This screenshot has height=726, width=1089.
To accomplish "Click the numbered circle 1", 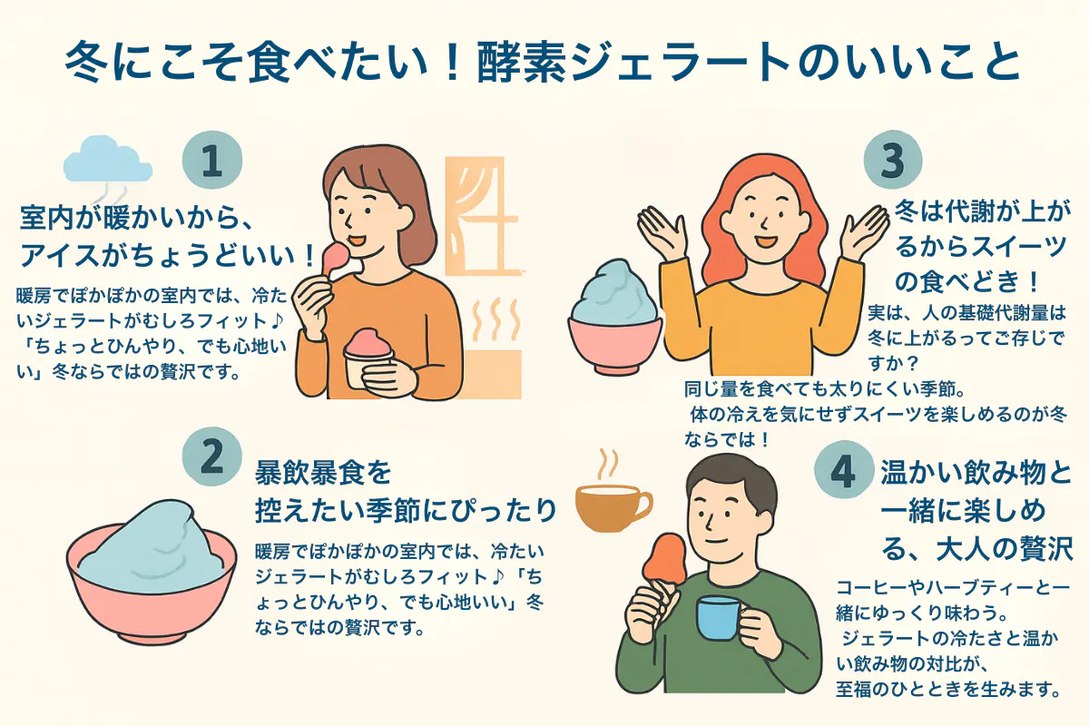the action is coord(212,160).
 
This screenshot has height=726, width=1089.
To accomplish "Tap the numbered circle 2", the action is coord(212,456).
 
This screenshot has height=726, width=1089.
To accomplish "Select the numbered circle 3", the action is coord(893,160).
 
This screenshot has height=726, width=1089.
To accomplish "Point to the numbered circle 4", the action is coord(843,470).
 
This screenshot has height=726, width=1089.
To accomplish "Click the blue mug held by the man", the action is coord(718,619).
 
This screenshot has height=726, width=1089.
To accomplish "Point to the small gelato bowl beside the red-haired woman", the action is coord(614,317).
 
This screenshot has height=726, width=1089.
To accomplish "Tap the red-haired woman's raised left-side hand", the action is coord(658,232).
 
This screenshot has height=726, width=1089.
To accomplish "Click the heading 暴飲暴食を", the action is coord(323,472).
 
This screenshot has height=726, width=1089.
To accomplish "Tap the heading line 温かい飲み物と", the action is coord(976,472).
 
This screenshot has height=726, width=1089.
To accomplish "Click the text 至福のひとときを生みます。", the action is coord(947,689).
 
